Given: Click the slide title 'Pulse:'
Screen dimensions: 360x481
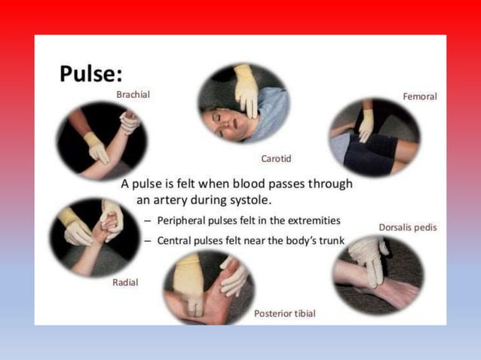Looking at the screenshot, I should tap(92, 74).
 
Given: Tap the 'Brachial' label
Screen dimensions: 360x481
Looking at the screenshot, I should tap(133, 95).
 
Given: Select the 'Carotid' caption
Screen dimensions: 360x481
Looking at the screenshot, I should tap(276, 158).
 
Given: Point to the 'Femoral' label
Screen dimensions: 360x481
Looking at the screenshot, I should tap(420, 96).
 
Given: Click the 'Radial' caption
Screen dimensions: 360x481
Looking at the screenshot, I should tap(125, 282).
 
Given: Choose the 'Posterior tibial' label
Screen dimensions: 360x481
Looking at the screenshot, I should tap(284, 313).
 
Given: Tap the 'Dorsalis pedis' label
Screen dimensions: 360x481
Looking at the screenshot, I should tap(407, 227).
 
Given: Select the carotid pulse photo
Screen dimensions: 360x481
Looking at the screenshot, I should tap(243, 104).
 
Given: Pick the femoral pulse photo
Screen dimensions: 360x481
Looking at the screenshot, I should tap(374, 136).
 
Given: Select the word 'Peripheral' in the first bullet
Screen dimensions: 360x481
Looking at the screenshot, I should tap(181, 221).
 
